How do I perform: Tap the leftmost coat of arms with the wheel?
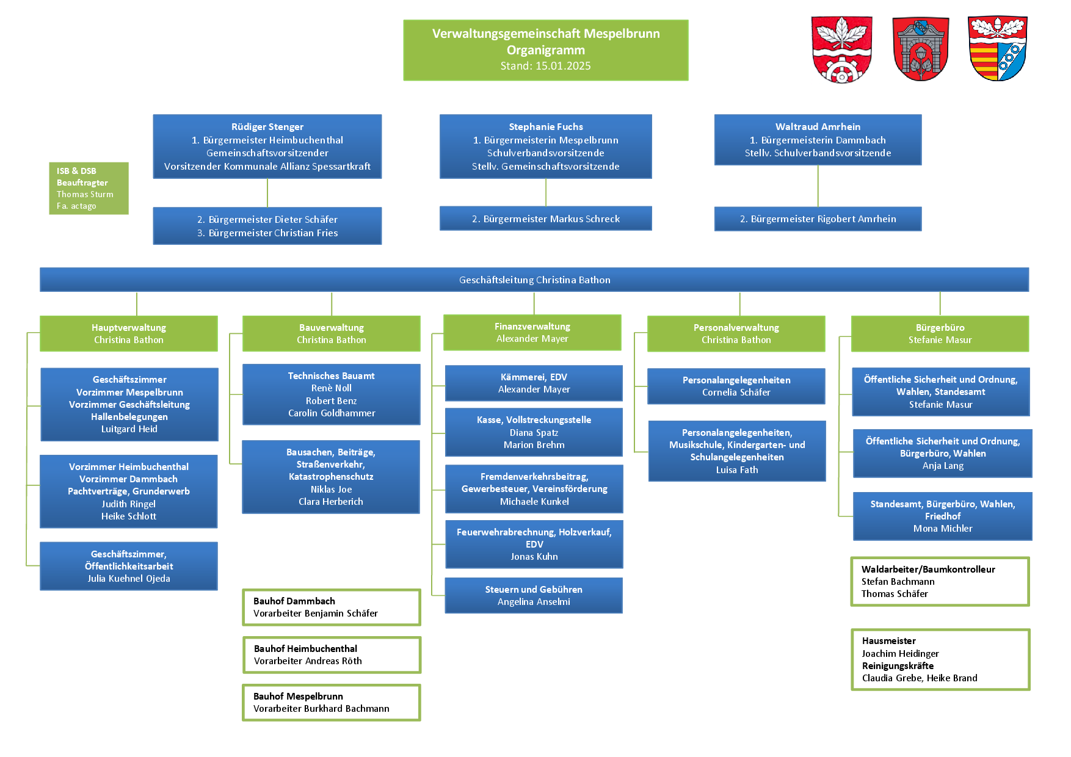click(841, 49)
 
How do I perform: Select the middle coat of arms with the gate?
click(920, 49)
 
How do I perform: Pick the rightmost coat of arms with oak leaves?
click(998, 49)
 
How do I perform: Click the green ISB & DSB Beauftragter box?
click(89, 188)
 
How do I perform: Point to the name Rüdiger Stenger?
click(267, 127)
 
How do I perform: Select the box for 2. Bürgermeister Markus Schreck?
click(546, 219)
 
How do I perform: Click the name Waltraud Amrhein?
click(818, 127)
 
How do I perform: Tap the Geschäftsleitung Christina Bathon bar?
click(534, 280)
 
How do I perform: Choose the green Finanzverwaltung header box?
click(532, 333)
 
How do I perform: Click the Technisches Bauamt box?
click(332, 394)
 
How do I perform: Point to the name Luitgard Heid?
click(129, 429)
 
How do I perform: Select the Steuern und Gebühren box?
click(534, 595)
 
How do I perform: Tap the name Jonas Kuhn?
click(534, 557)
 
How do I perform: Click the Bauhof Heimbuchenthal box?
click(332, 655)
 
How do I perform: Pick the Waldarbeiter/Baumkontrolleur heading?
click(928, 570)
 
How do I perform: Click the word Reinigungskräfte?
click(898, 666)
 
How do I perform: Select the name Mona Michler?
click(943, 529)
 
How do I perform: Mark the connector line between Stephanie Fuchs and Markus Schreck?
click(546, 192)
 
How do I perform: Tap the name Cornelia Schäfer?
click(736, 393)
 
